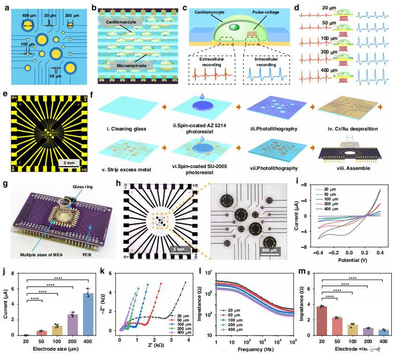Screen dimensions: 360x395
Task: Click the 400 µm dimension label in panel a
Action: coord(29,16)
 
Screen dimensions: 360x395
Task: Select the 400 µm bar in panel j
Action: coord(88,314)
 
